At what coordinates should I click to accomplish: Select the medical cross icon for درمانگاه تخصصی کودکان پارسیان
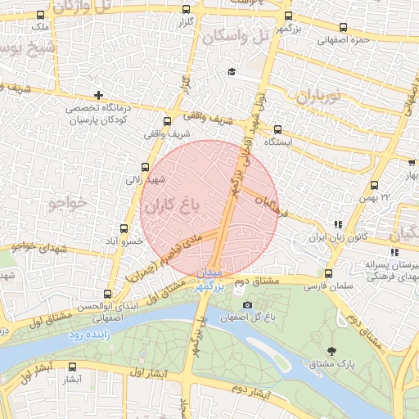[98, 96]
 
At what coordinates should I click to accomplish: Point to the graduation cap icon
[232, 72]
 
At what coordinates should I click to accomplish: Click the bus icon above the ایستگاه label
[277, 128]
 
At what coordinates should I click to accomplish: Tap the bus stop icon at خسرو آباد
[124, 229]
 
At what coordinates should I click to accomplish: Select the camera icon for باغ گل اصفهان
[248, 306]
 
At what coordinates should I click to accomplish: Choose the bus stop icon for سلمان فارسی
[329, 274]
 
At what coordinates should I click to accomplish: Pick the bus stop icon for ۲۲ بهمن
[375, 186]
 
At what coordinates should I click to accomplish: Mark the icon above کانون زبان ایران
[336, 224]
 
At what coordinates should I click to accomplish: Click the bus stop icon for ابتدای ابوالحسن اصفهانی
[109, 294]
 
